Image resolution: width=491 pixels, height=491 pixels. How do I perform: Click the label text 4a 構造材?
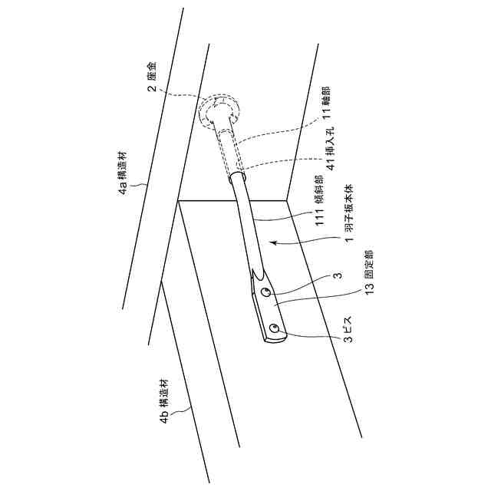pos(124,167)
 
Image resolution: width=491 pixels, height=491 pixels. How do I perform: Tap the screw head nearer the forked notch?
pos(264,293)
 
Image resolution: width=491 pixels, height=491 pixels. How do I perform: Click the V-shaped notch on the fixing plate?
pos(258,275)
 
